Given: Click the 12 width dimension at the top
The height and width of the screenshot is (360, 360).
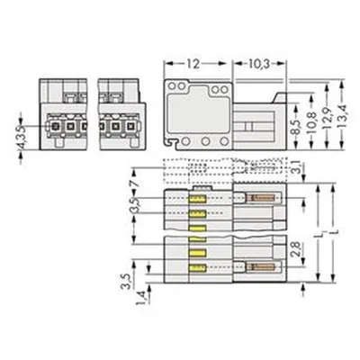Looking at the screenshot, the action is click(193, 64).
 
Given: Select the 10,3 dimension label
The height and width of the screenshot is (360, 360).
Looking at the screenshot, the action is click(259, 64).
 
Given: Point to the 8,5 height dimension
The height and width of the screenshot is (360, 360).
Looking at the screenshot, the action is click(297, 126).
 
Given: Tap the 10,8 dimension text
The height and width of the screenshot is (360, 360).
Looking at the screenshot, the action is click(311, 122).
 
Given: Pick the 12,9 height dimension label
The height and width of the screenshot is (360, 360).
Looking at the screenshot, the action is click(327, 119).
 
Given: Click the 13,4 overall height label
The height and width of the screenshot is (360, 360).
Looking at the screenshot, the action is click(342, 116).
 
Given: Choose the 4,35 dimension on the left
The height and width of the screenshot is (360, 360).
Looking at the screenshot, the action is click(21, 139).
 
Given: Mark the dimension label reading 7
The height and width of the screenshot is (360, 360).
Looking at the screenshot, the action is click(136, 184).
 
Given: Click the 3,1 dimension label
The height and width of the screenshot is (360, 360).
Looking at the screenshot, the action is click(297, 167).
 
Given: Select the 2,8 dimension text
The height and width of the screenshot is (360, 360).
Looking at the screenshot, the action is click(297, 248).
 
